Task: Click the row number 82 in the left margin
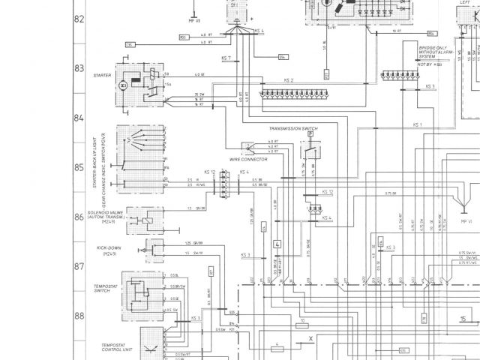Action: tap(78, 19)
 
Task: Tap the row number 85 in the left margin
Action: tap(78, 167)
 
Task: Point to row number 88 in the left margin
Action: tap(78, 316)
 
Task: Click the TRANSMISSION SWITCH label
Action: tap(293, 129)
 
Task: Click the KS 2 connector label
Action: tap(289, 79)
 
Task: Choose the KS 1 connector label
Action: tap(418, 124)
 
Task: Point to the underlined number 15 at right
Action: tap(463, 318)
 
